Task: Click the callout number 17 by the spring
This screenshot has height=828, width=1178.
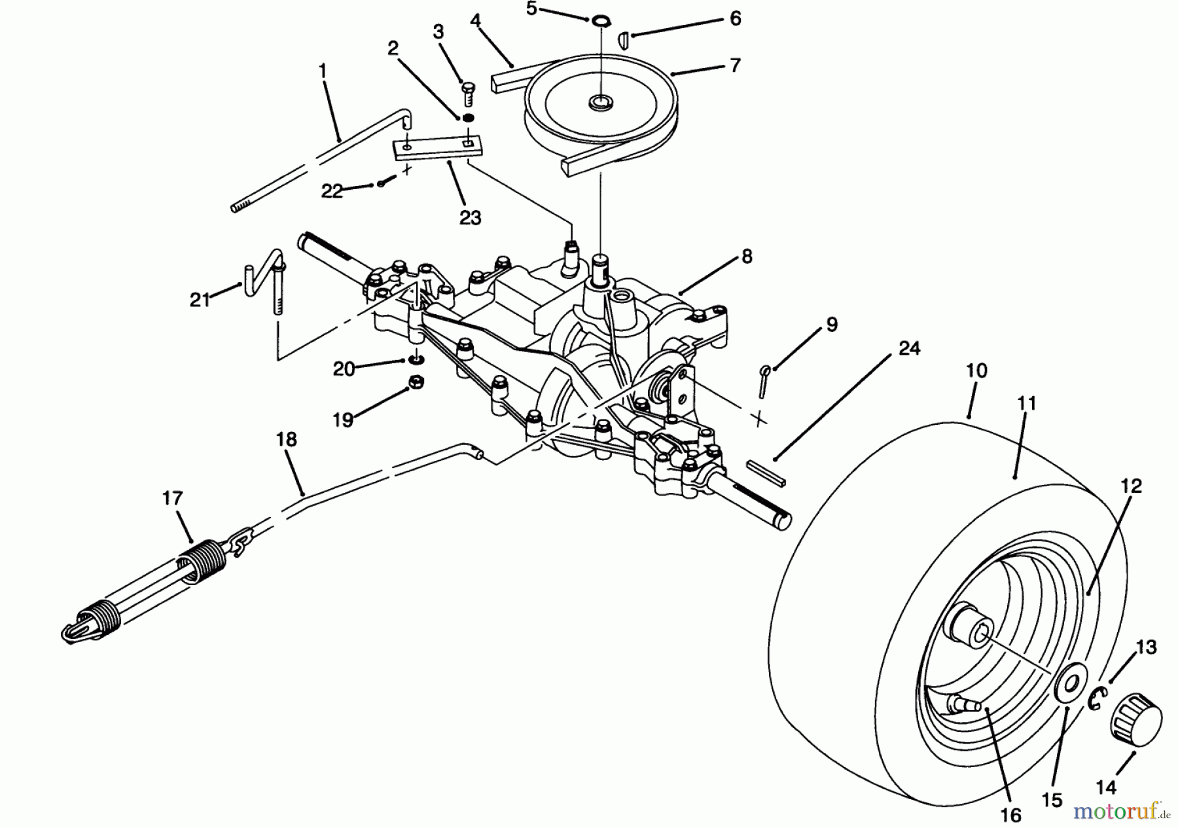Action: click(172, 499)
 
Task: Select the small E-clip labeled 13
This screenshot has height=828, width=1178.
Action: click(1097, 700)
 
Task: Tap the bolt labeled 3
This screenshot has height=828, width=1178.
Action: click(468, 91)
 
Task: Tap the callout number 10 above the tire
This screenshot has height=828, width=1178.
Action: click(976, 371)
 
